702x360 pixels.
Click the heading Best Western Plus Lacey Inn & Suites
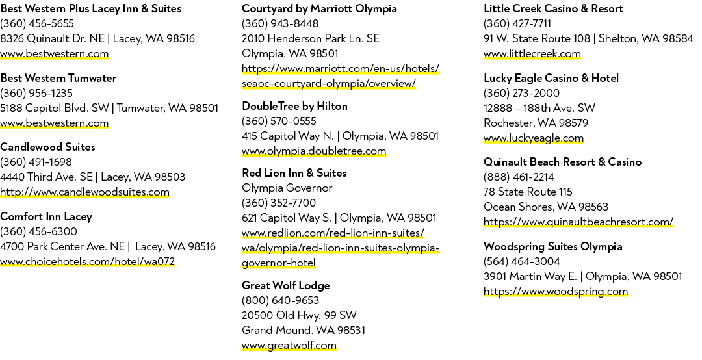(91, 8)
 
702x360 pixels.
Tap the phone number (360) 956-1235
(36, 93)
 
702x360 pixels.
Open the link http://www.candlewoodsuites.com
(84, 192)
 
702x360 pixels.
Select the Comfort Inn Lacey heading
(46, 217)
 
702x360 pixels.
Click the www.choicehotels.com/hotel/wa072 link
(87, 261)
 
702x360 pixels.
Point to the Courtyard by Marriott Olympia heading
(319, 8)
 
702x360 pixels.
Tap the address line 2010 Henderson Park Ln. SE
(311, 38)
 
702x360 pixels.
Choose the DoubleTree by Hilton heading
(294, 106)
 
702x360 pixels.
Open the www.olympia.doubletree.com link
(314, 151)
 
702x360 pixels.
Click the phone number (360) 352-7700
(279, 203)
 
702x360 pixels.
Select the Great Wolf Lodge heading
(285, 286)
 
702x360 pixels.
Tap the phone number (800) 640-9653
(280, 300)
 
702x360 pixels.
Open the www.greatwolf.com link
(289, 346)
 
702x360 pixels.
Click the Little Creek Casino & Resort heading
(553, 8)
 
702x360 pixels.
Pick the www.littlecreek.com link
(532, 54)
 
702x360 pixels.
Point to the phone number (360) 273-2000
(521, 93)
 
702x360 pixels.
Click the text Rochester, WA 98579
(536, 123)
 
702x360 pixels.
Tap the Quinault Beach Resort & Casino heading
(562, 162)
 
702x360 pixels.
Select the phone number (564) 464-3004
(521, 261)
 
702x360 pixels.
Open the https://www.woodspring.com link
(556, 292)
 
